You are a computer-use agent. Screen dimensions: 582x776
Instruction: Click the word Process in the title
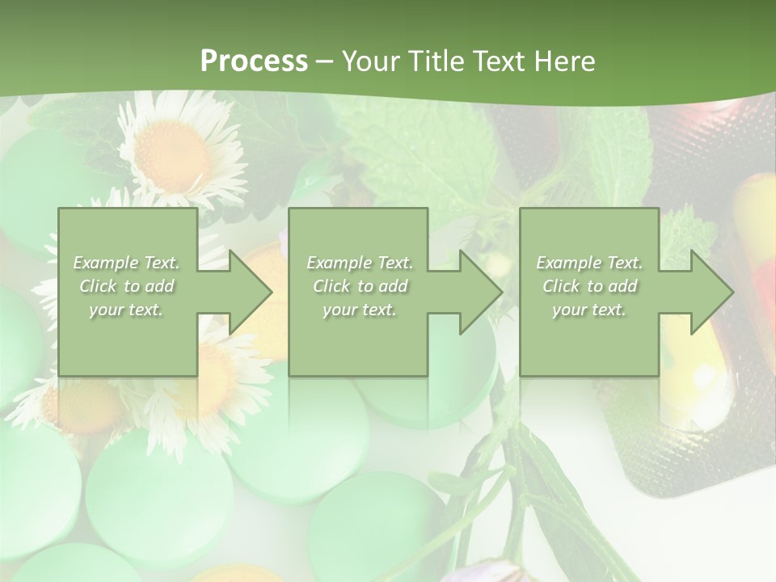click(254, 61)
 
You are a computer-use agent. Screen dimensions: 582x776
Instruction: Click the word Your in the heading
click(371, 61)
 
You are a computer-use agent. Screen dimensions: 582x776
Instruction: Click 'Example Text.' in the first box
click(126, 263)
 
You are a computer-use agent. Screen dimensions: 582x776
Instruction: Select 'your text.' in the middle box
click(359, 310)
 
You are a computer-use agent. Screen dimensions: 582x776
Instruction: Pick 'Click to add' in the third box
click(589, 286)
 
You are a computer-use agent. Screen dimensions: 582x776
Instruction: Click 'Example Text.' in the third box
click(589, 263)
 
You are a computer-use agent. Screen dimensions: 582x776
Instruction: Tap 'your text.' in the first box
click(126, 310)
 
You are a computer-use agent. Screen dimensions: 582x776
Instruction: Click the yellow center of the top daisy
click(171, 154)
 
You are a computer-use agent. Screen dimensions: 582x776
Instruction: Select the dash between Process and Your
click(324, 61)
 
